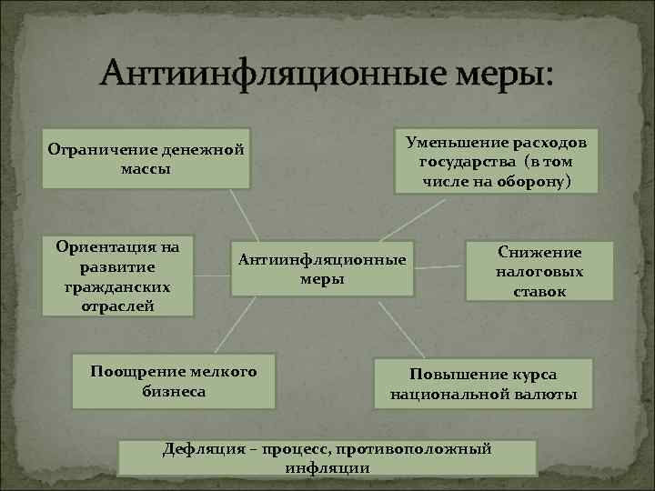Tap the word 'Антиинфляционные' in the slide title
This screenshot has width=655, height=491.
pyautogui.click(x=265, y=73)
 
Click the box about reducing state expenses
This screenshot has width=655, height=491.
pyautogui.click(x=496, y=161)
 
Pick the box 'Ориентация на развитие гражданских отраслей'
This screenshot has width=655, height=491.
pyautogui.click(x=117, y=276)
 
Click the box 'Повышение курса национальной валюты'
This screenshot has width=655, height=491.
pyautogui.click(x=483, y=384)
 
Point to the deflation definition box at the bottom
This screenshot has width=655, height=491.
pyautogui.click(x=327, y=457)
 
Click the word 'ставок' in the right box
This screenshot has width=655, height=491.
pyautogui.click(x=539, y=292)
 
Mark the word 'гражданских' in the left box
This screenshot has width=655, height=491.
pyautogui.click(x=117, y=286)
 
